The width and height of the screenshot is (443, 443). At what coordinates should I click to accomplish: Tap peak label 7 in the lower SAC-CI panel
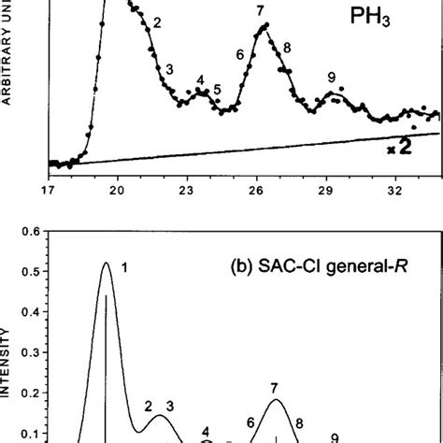(x=275, y=386)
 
